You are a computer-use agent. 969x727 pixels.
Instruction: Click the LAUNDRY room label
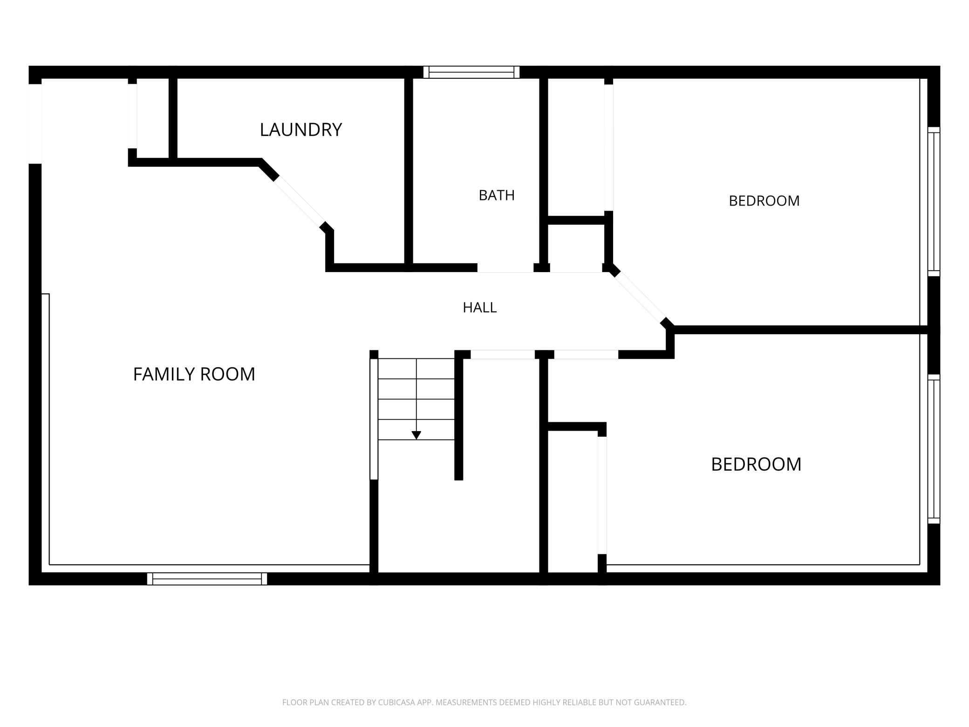point(301,130)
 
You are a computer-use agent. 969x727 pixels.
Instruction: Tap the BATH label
point(497,195)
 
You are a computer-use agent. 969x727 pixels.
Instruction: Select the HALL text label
point(480,308)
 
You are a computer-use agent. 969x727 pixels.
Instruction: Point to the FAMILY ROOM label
point(194,374)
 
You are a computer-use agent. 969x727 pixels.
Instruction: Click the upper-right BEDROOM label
point(764,201)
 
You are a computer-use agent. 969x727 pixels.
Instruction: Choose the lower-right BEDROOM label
point(756,464)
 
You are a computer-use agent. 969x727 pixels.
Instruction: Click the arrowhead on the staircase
point(416,435)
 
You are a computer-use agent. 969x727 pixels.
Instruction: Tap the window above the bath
point(471,72)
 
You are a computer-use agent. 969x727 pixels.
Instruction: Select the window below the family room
point(207,579)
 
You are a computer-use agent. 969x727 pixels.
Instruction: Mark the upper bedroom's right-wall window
point(934,201)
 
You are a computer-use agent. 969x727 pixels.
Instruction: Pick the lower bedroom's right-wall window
point(934,449)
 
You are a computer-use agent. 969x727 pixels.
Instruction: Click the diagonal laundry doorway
point(299,202)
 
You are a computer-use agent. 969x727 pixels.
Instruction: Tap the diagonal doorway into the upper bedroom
point(641,298)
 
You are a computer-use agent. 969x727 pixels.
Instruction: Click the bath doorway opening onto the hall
point(505,268)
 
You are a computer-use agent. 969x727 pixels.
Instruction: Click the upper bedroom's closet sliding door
point(608,147)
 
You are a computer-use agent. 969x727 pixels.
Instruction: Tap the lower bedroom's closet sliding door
point(602,495)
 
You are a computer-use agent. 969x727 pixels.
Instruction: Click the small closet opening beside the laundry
point(132,116)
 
